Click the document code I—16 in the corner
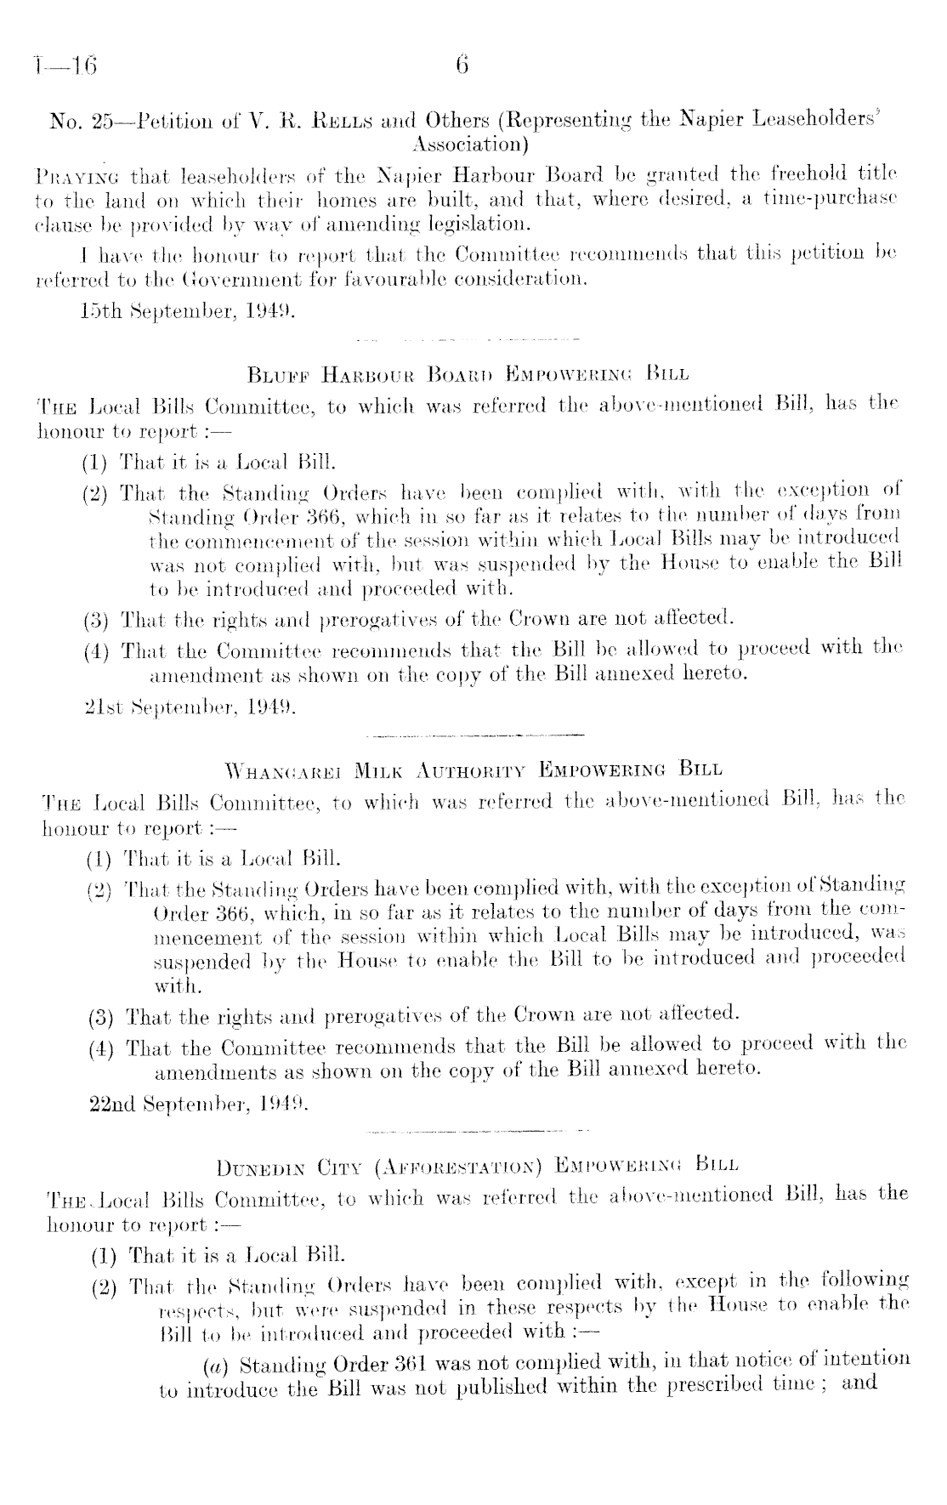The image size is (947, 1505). pos(65,66)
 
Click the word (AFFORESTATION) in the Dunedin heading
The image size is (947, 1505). pos(458,1165)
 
